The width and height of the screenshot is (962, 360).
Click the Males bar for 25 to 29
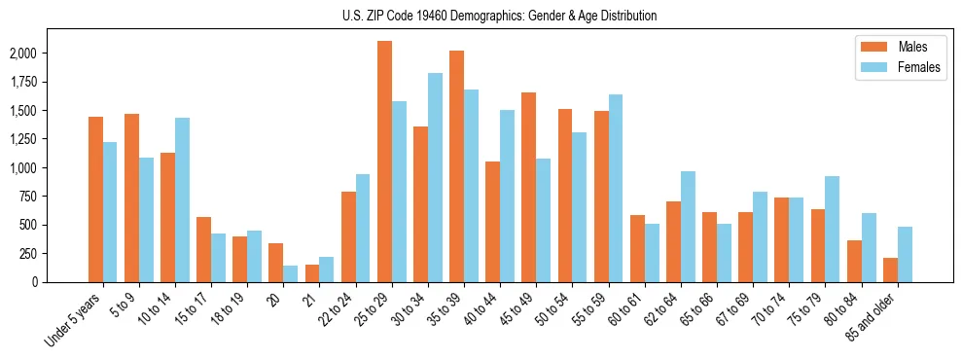384,162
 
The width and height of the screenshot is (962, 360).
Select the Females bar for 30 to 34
435,177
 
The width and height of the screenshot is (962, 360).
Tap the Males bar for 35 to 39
456,166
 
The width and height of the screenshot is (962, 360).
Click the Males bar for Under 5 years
95,199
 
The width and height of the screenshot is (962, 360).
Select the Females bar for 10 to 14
182,199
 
